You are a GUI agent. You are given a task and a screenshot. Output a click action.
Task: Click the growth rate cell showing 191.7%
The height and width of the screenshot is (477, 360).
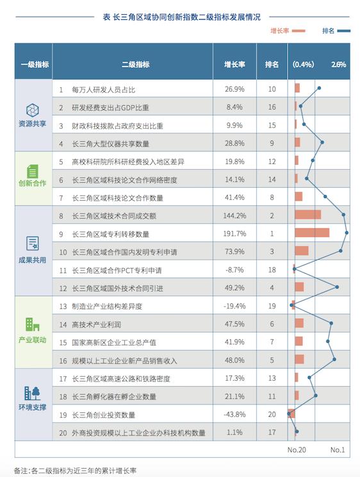(x=234, y=233)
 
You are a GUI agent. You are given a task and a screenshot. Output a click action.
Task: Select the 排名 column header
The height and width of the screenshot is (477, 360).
(x=272, y=64)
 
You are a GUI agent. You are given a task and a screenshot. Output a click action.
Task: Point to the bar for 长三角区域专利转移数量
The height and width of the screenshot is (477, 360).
(x=312, y=233)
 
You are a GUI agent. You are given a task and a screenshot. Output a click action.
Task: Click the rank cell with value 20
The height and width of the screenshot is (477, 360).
(x=272, y=414)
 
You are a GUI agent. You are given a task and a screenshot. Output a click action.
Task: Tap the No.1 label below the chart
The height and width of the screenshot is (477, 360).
(x=338, y=449)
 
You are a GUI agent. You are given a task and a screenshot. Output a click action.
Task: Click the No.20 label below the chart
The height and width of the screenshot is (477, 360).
(x=297, y=449)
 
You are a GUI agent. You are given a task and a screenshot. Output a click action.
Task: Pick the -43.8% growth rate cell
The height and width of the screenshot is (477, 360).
(x=234, y=414)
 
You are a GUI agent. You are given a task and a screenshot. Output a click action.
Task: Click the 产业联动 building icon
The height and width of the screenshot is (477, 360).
(x=33, y=324)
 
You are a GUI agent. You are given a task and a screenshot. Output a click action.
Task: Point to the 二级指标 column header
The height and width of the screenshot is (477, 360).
(x=135, y=64)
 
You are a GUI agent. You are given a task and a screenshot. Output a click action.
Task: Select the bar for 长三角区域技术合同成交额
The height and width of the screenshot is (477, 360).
(x=308, y=215)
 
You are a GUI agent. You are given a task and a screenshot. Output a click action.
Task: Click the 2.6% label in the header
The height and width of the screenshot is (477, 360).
(x=339, y=64)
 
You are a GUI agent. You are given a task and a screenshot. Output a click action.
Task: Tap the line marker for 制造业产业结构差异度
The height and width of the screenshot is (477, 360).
(x=292, y=305)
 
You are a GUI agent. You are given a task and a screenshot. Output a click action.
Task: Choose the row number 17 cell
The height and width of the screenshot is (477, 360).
(x=63, y=378)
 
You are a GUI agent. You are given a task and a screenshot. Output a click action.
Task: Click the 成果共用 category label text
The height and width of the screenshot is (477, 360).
(x=33, y=260)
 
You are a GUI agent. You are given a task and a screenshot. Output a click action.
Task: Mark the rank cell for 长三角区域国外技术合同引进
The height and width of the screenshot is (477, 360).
(x=272, y=287)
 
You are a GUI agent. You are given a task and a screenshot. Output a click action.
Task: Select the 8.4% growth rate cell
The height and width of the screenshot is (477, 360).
(x=234, y=106)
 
